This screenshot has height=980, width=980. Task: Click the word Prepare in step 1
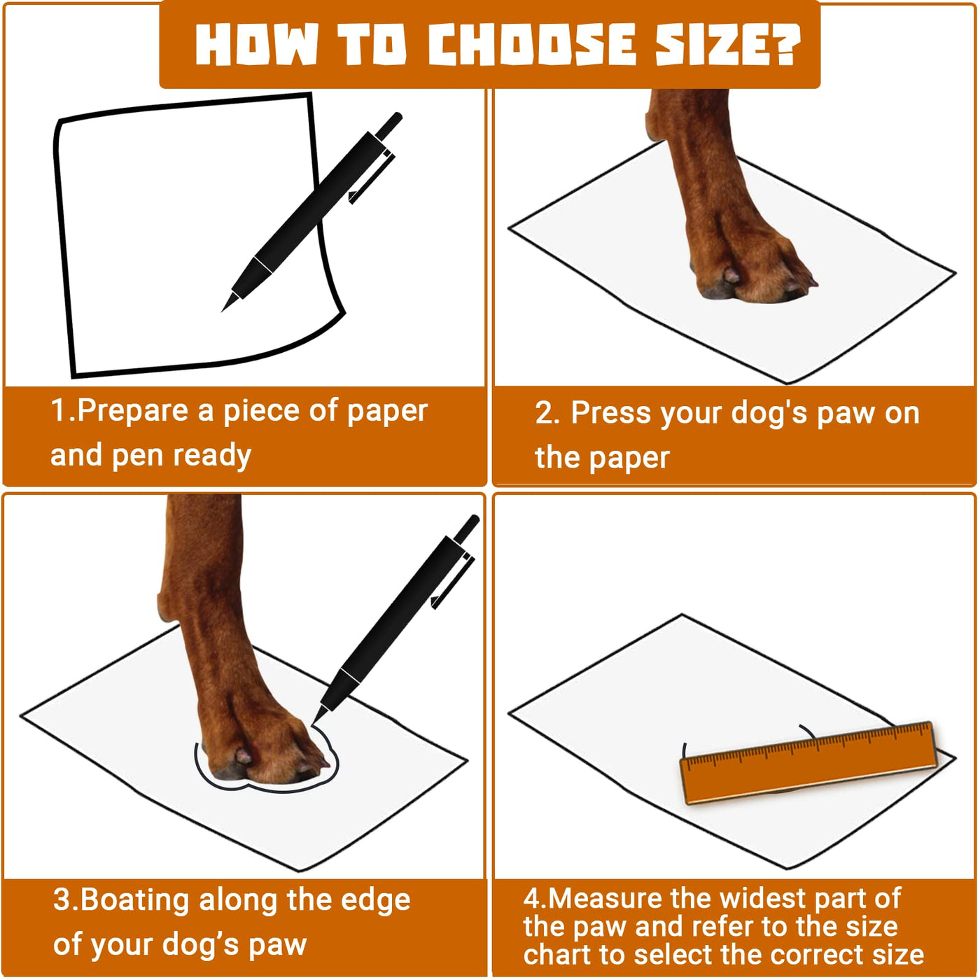(132, 412)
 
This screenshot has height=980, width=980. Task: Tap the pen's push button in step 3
(467, 527)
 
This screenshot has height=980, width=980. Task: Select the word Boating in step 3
(134, 901)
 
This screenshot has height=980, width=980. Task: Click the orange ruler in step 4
(808, 764)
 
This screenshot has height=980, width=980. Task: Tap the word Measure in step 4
(605, 898)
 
